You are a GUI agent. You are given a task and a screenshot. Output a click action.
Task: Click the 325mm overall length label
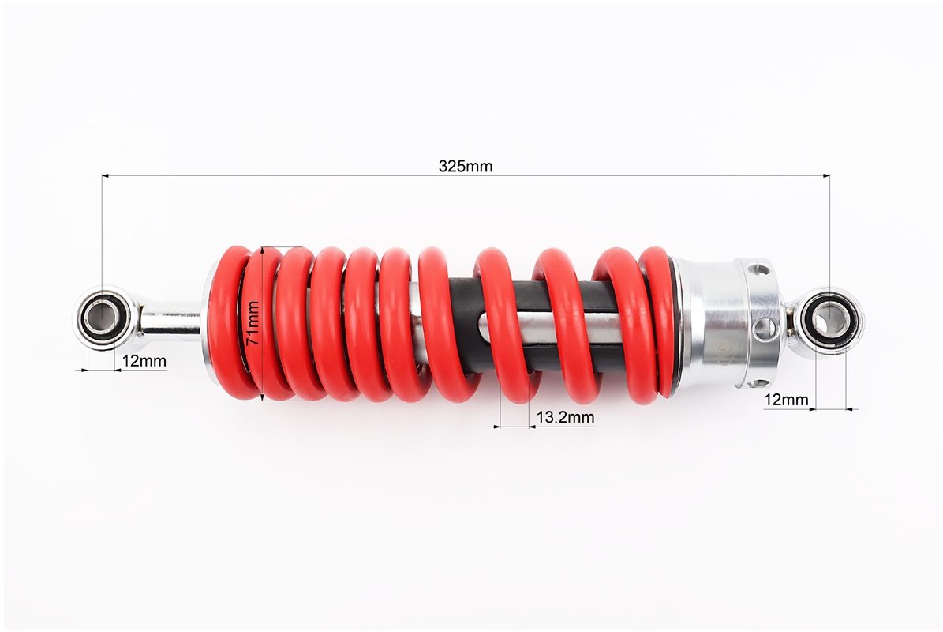tap(465, 166)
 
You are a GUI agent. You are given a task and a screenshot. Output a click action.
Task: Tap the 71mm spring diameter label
tap(254, 322)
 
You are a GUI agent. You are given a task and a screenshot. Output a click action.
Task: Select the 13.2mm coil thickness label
tap(565, 417)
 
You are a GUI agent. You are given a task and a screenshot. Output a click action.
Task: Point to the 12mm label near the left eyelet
tap(144, 361)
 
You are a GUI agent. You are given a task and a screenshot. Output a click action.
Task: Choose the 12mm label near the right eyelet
tap(786, 399)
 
